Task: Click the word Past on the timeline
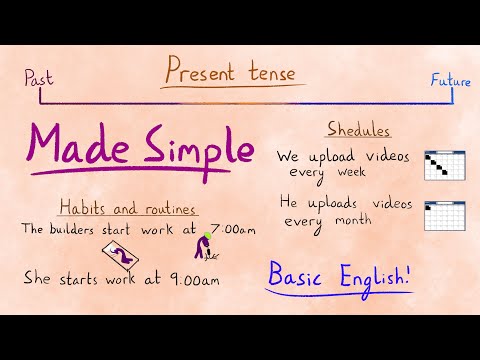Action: (37, 76)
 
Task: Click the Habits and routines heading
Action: (126, 209)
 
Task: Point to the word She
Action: (38, 279)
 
